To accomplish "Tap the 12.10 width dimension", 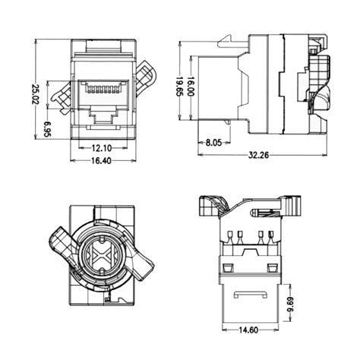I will pyautogui.click(x=103, y=147).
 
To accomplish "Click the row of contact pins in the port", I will pyautogui.click(x=102, y=90).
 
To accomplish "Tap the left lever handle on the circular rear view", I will pyautogui.click(x=58, y=242).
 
